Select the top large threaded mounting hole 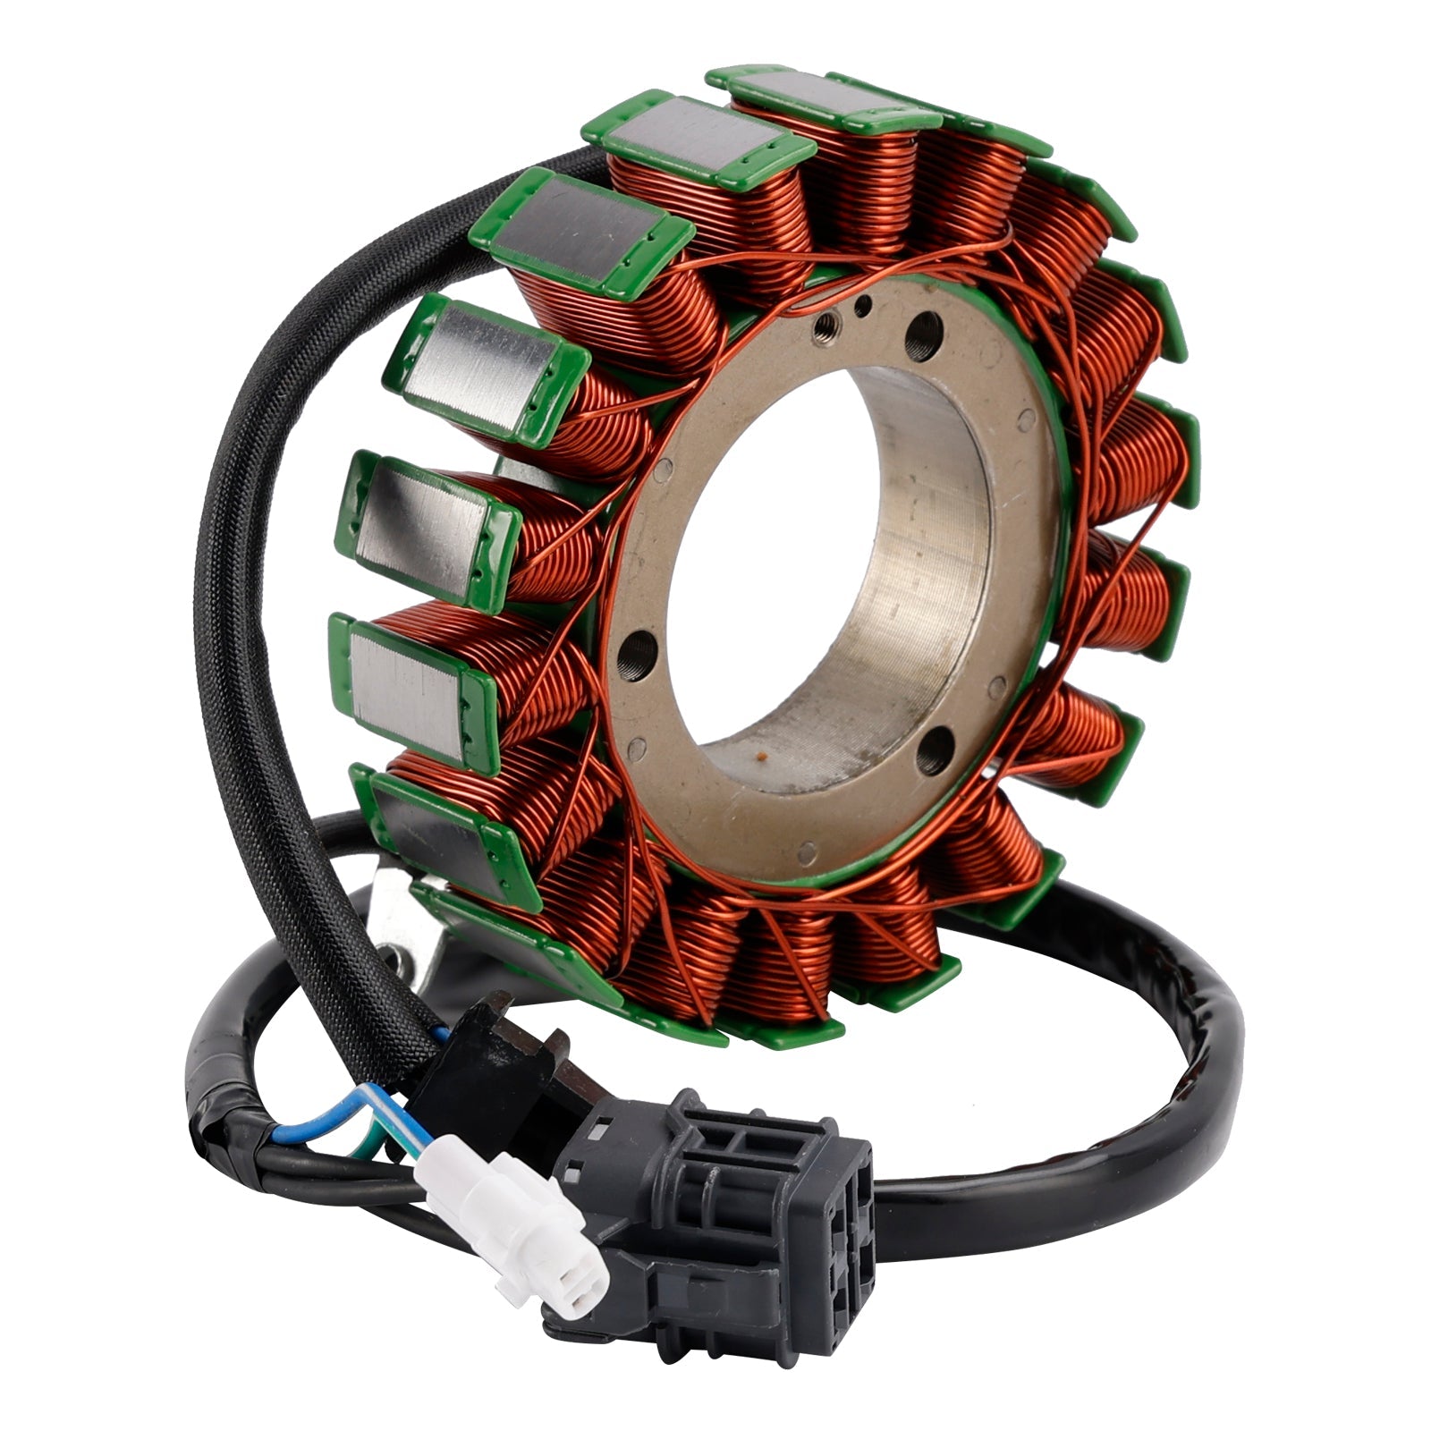pos(923,336)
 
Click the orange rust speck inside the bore pos(762,757)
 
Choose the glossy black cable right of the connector pos(1163,1145)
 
